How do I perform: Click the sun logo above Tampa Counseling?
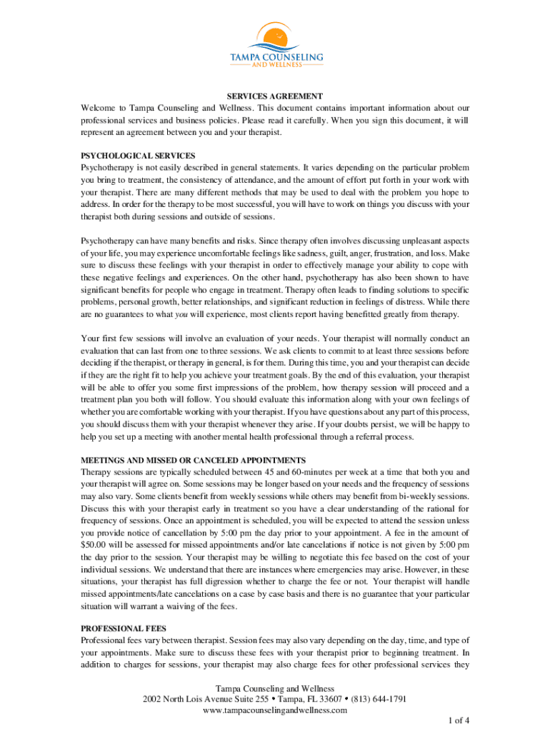(x=274, y=36)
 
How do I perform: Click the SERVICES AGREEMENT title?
(x=275, y=96)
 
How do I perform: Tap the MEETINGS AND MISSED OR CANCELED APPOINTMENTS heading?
(x=194, y=460)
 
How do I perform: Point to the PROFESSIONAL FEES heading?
(x=124, y=628)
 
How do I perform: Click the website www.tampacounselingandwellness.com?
(x=275, y=710)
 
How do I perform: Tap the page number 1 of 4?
(x=456, y=722)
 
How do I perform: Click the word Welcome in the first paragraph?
(x=101, y=108)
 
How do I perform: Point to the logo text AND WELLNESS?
(x=274, y=65)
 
